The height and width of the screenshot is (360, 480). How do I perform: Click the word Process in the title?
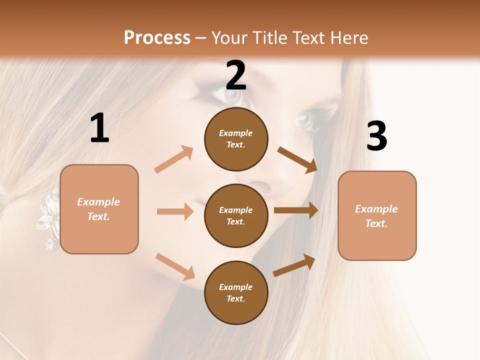157,38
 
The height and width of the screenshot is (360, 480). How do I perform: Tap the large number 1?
99,128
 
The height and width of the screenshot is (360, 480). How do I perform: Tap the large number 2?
236,75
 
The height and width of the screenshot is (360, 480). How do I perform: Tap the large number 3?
376,136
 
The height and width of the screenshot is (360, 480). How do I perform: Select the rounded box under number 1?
99,209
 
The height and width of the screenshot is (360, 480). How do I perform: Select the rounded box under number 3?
377,216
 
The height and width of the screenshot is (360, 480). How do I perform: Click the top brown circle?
236,138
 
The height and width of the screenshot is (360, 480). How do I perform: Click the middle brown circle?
236,215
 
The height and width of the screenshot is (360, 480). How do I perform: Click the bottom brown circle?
236,292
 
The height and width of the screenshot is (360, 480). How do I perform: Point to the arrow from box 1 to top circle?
174,159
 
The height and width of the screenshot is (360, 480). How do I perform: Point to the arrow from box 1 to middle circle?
175,211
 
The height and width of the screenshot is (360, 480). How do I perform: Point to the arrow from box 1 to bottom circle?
175,266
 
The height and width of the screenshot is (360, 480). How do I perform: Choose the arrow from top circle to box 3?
297,159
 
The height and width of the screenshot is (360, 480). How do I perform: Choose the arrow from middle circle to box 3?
296,210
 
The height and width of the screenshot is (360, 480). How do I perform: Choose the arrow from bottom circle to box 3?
294,265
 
